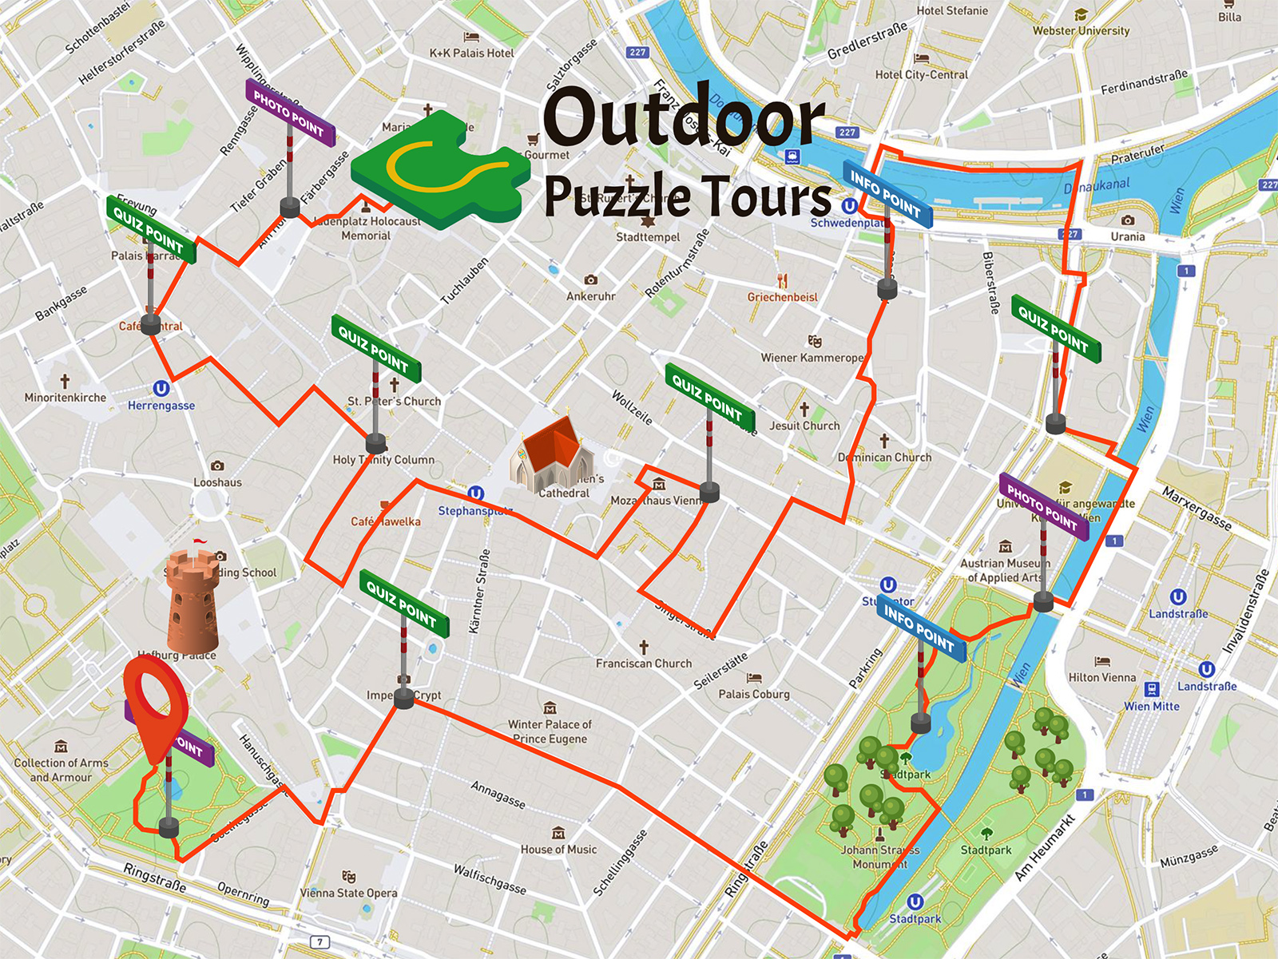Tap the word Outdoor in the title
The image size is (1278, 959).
[683, 118]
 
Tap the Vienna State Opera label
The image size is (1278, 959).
[348, 893]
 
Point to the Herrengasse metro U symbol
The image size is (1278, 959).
[161, 389]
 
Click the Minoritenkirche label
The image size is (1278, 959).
[65, 398]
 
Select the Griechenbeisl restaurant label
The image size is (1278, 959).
[782, 297]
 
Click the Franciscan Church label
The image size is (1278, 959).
[644, 663]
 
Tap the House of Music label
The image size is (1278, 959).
[558, 850]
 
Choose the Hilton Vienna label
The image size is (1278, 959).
[1102, 677]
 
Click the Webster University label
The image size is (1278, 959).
[1081, 30]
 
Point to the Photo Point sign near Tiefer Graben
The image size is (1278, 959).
[289, 113]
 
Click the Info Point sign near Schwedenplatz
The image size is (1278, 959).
[887, 194]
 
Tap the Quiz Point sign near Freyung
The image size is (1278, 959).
[150, 229]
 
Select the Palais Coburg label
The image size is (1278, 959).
[753, 694]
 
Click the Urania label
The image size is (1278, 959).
[1127, 236]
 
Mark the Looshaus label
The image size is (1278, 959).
[217, 482]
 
